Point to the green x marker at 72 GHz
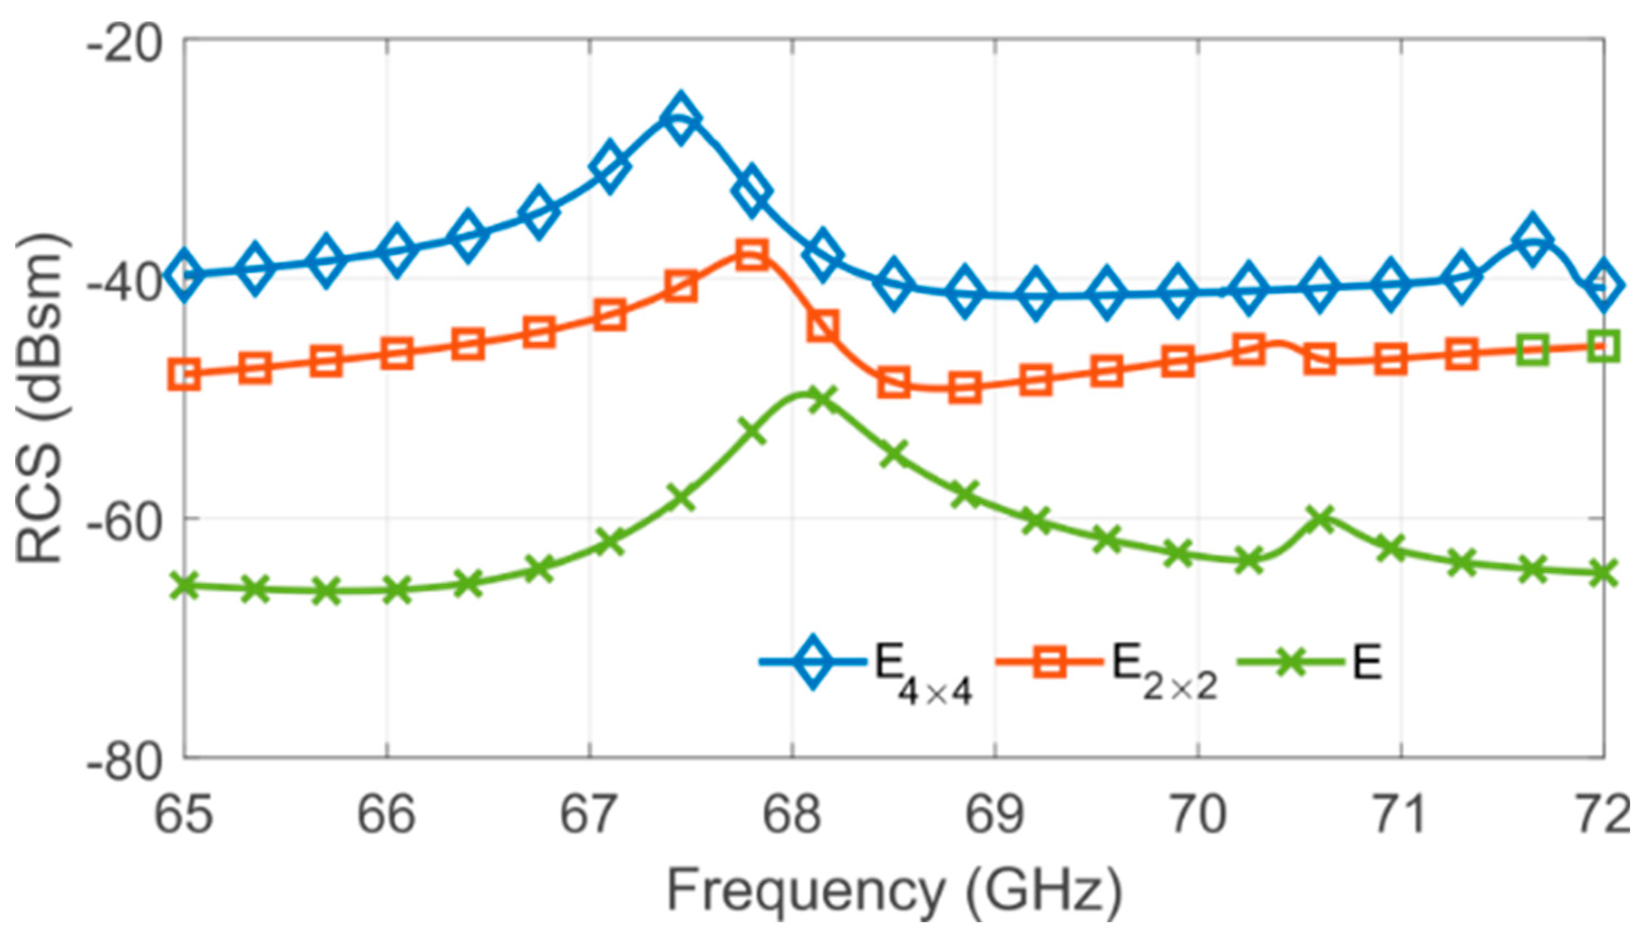(x=1603, y=573)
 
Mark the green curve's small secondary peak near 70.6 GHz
(x=1320, y=517)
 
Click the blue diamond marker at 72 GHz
(x=1603, y=285)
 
